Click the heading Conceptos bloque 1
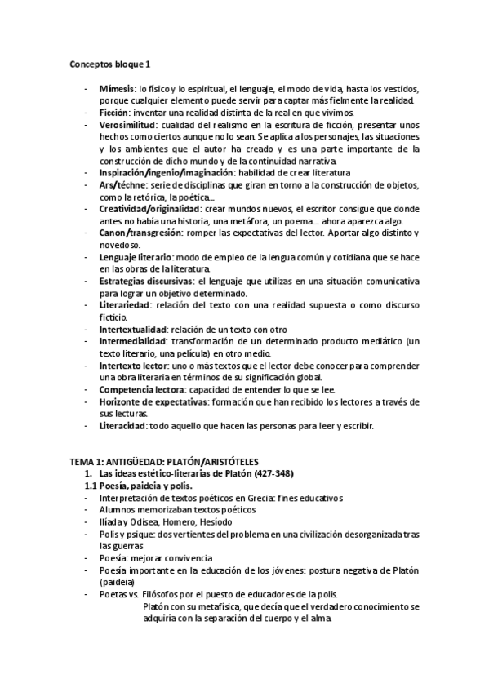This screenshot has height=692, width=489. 110,64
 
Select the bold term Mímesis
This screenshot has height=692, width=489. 117,88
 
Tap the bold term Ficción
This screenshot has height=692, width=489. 115,113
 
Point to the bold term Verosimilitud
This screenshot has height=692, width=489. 127,125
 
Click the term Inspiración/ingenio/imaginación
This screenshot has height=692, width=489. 166,173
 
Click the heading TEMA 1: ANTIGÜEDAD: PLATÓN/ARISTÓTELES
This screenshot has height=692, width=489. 162,462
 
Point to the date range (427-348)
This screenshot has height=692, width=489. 273,474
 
